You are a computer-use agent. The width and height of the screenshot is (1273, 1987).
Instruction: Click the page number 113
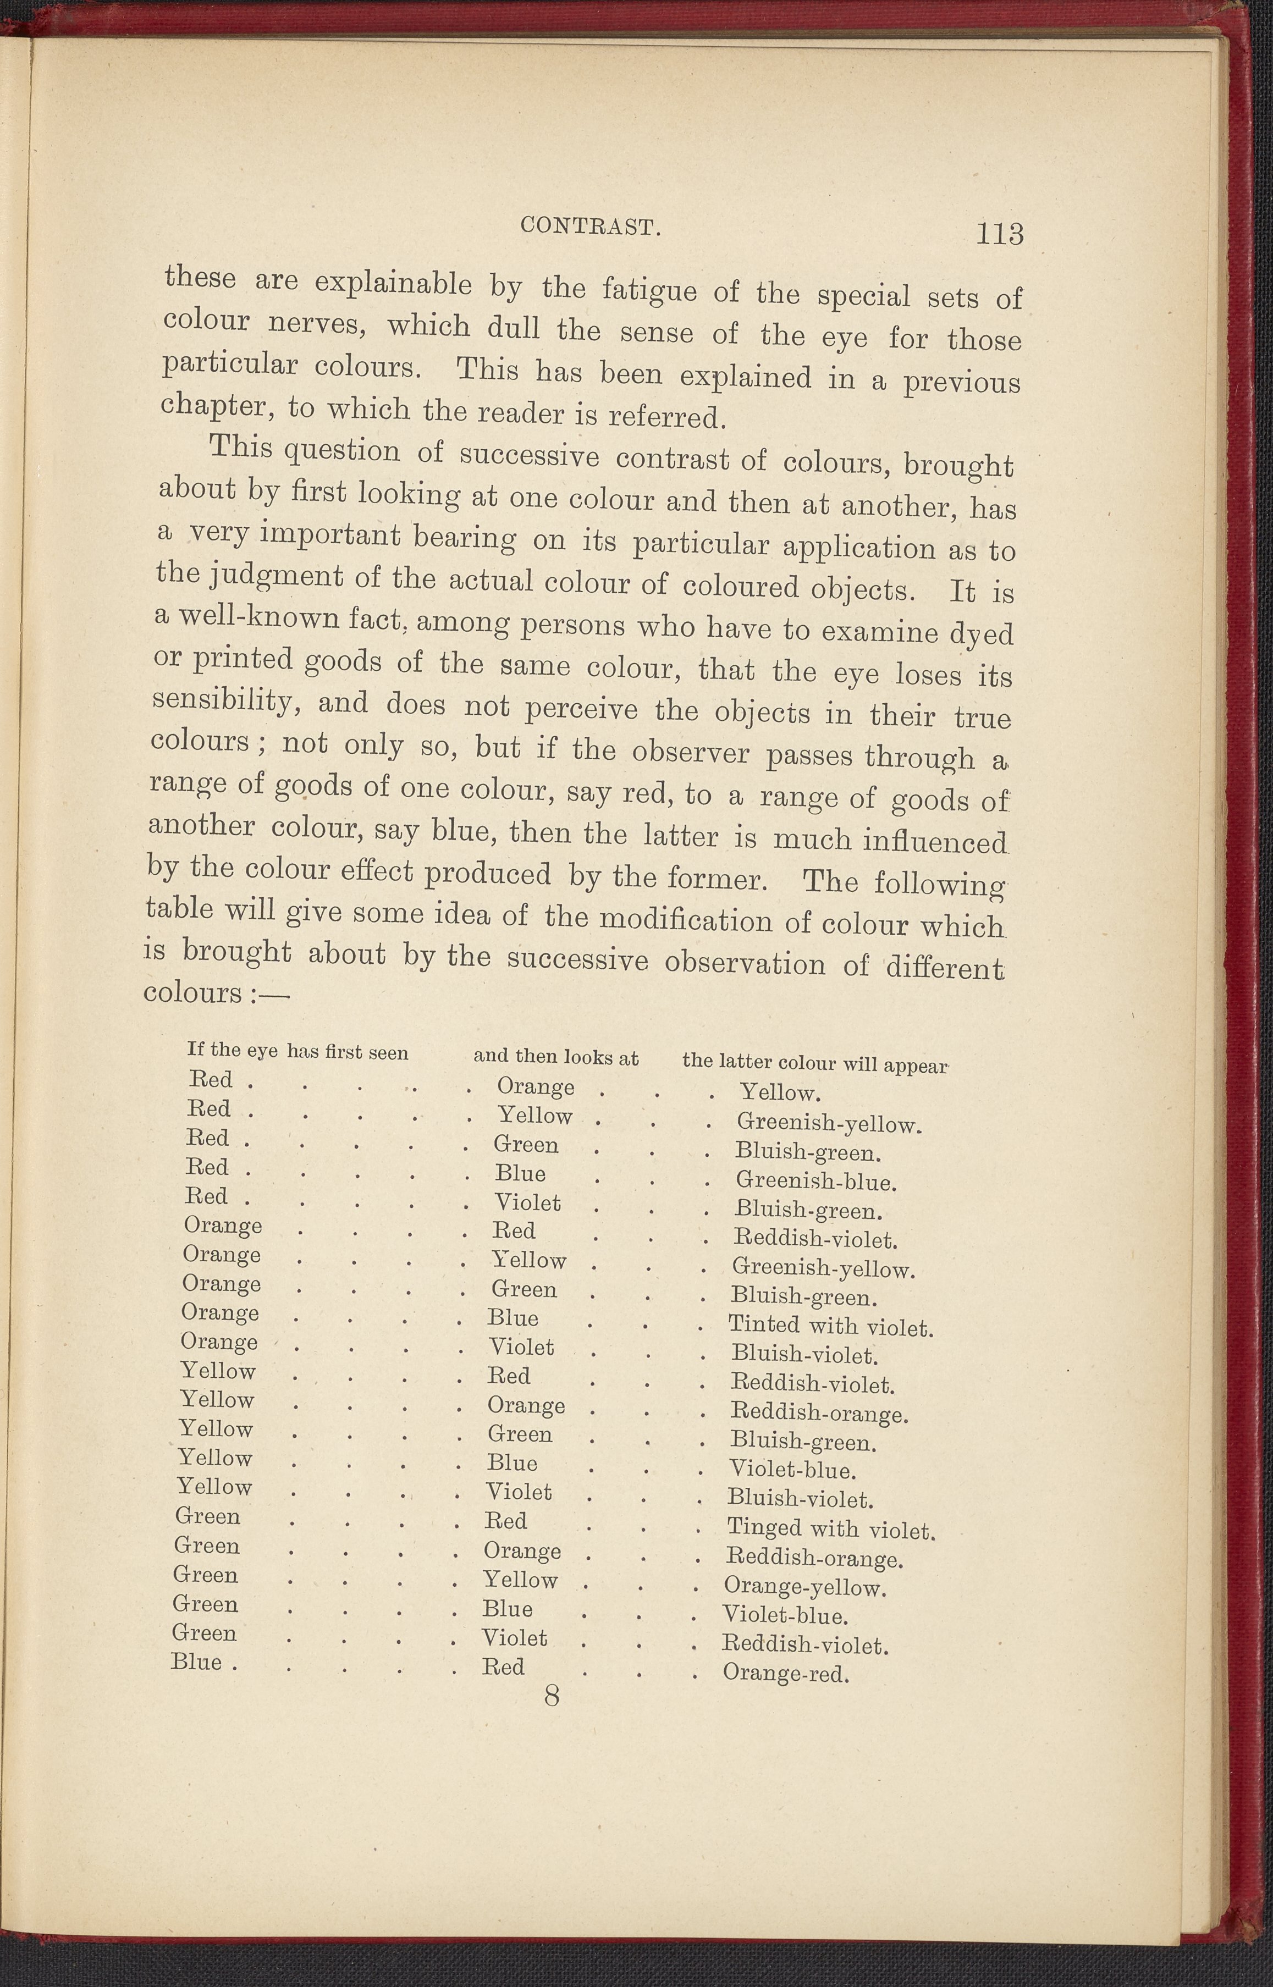999,234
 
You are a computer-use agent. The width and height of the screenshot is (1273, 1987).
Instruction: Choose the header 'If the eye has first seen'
297,1051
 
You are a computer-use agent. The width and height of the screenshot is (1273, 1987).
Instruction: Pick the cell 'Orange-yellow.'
804,1587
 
